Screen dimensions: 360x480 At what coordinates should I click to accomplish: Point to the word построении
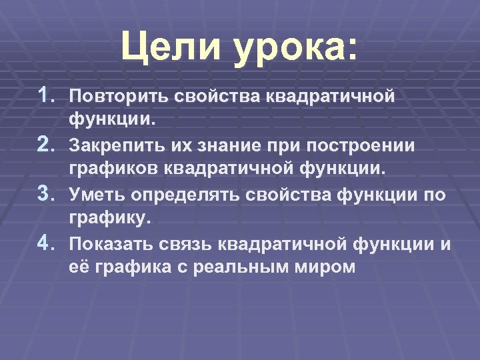point(363,146)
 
